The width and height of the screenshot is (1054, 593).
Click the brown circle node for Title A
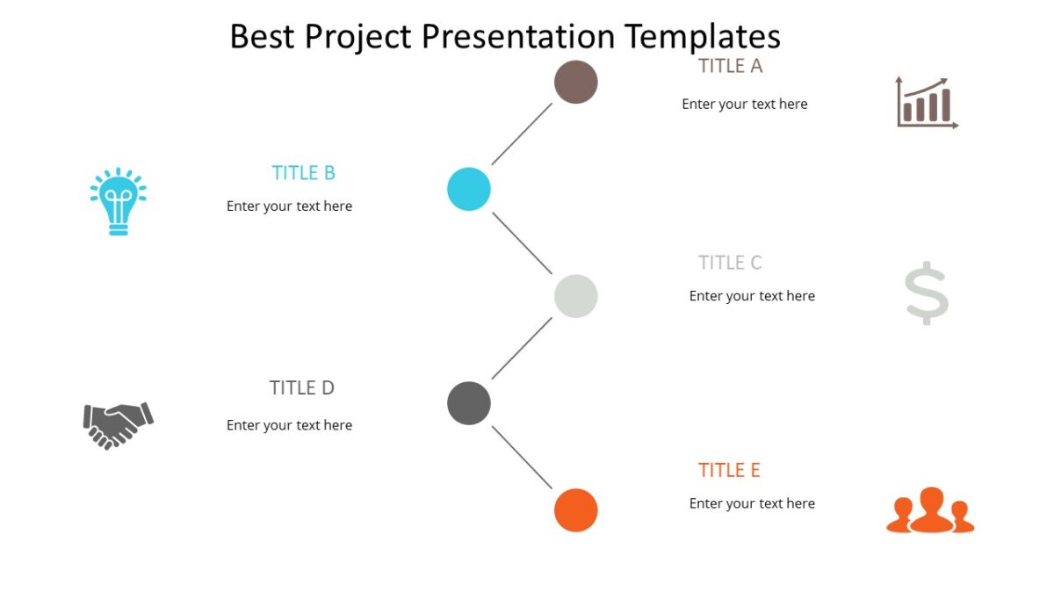[575, 82]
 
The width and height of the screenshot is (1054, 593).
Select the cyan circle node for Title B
[468, 189]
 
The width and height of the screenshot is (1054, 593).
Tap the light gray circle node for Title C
[575, 296]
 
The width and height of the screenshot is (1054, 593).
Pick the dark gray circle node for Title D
[468, 403]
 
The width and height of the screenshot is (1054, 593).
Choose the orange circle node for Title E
[575, 510]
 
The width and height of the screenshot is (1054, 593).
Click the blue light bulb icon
[118, 201]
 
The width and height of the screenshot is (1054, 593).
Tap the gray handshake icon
[118, 425]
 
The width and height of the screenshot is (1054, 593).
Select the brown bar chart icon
[926, 103]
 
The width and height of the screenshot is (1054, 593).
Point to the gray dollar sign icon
[927, 293]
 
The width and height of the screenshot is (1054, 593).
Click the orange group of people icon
[930, 511]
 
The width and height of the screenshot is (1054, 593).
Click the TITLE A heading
[730, 66]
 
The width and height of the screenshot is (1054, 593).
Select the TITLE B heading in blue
[303, 173]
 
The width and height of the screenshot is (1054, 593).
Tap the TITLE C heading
[730, 263]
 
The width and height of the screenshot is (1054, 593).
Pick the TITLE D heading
[301, 388]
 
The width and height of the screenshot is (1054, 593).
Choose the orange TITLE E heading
[729, 471]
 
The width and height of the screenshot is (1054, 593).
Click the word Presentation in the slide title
[517, 37]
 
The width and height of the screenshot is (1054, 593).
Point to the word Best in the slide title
[263, 37]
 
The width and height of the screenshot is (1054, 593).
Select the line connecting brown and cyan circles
[522, 134]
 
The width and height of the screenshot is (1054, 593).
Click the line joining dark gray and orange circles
[522, 457]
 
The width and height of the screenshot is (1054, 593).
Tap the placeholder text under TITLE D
[289, 425]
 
